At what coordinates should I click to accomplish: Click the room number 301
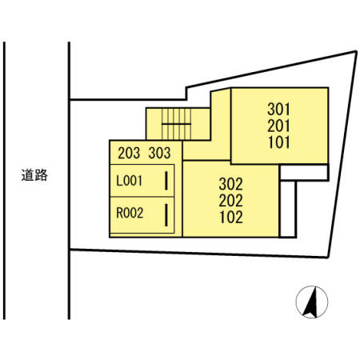pyautogui.click(x=278, y=110)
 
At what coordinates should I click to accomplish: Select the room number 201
pyautogui.click(x=278, y=126)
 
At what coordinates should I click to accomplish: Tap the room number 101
pyautogui.click(x=279, y=142)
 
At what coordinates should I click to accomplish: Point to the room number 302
pyautogui.click(x=231, y=184)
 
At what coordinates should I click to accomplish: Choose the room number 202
pyautogui.click(x=231, y=201)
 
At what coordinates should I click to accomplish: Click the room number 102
pyautogui.click(x=231, y=217)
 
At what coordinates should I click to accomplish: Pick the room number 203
pyautogui.click(x=129, y=153)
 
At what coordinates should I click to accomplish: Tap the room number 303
pyautogui.click(x=159, y=153)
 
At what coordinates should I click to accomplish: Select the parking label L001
pyautogui.click(x=129, y=181)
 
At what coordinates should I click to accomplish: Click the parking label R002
pyautogui.click(x=130, y=213)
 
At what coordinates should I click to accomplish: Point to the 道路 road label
pyautogui.click(x=34, y=175)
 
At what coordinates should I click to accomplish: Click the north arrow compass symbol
pyautogui.click(x=312, y=302)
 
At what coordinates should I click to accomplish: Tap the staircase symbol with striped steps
pyautogui.click(x=176, y=124)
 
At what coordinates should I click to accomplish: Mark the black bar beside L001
pyautogui.click(x=166, y=181)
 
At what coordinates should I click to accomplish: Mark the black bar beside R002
pyautogui.click(x=166, y=215)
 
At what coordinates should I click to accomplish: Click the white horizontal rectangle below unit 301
pyautogui.click(x=304, y=173)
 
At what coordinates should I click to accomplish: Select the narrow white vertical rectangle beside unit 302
pyautogui.click(x=288, y=209)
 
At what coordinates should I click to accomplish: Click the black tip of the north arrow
pyautogui.click(x=314, y=286)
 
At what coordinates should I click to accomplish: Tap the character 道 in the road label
pyautogui.click(x=28, y=175)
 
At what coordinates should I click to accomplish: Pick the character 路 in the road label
pyautogui.click(x=42, y=175)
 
